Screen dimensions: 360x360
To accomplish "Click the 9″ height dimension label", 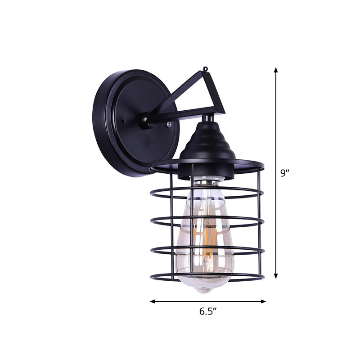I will [285, 173].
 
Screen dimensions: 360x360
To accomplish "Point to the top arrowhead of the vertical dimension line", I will [276, 70].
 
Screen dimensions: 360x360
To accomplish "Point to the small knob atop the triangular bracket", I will [206, 69].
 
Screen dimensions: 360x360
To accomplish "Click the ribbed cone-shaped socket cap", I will [207, 142].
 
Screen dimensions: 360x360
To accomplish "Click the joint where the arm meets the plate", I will [146, 120].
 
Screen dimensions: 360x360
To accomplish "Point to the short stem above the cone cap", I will [207, 118].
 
